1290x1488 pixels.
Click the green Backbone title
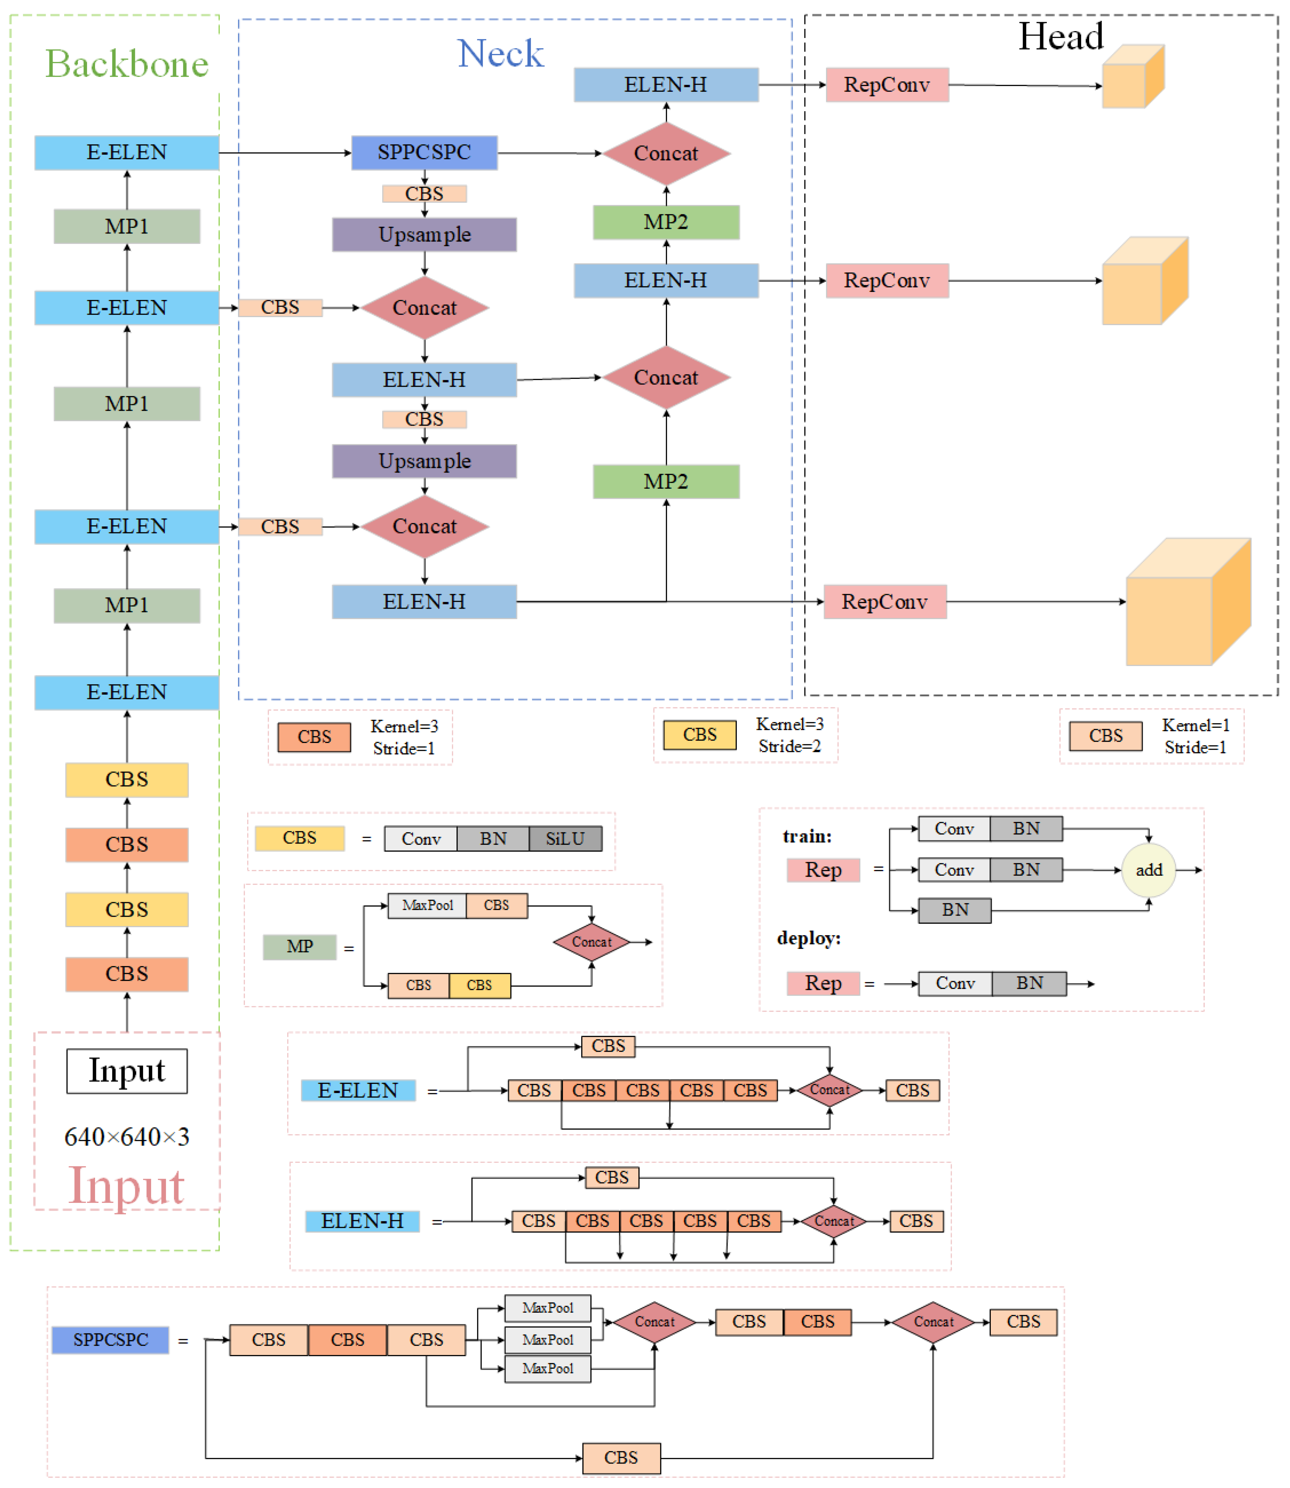[127, 64]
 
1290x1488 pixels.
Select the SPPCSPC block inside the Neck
[424, 152]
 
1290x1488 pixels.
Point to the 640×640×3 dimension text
[127, 1137]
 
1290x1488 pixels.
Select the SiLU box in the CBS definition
[565, 839]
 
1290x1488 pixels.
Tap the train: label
[807, 836]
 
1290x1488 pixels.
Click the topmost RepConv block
[887, 85]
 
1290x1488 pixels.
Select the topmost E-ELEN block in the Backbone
[127, 152]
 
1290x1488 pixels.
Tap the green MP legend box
[300, 947]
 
